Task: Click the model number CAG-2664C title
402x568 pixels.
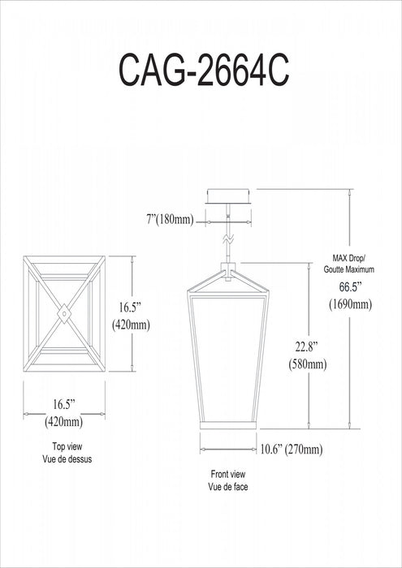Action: point(204,71)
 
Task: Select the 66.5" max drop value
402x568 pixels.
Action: point(352,287)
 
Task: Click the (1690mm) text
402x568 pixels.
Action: point(351,304)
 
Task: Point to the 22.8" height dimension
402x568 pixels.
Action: point(307,346)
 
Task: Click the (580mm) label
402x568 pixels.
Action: point(307,364)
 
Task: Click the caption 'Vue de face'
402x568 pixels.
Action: point(227,487)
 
